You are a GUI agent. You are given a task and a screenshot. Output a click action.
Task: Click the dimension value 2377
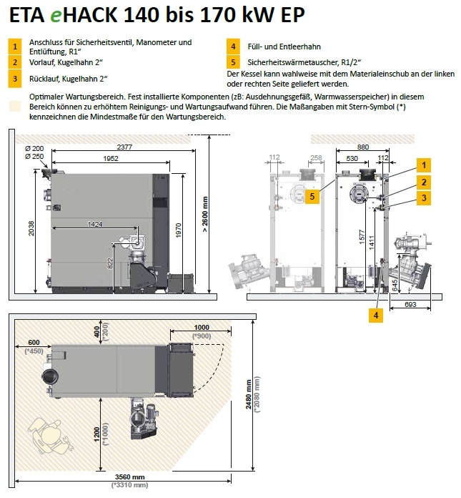pyautogui.click(x=125, y=147)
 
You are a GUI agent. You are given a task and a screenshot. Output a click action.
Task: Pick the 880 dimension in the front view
pyautogui.click(x=363, y=147)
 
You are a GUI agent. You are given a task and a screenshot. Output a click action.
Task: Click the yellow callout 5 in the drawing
pyautogui.click(x=311, y=195)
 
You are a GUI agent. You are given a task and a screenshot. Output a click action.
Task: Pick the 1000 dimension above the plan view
pyautogui.click(x=202, y=328)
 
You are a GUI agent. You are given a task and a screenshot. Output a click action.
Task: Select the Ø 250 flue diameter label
pyautogui.click(x=34, y=156)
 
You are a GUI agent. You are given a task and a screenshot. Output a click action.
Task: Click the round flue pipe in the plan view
pyautogui.click(x=50, y=376)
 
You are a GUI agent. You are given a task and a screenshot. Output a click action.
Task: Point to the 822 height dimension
pyautogui.click(x=111, y=263)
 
